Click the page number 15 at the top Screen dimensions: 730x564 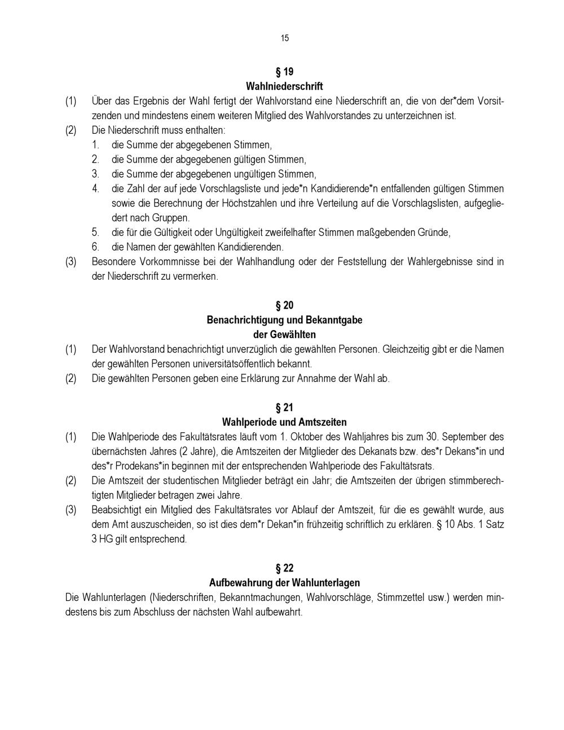point(284,38)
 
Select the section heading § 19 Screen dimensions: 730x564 point(284,72)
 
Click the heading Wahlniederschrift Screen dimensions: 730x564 point(284,86)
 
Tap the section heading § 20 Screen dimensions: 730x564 point(284,306)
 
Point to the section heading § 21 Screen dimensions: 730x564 point(284,408)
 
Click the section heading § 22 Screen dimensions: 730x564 point(284,568)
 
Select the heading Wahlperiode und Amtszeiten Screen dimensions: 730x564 point(284,422)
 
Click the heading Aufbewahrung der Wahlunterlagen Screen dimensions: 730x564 point(284,583)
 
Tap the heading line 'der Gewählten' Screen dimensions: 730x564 point(284,335)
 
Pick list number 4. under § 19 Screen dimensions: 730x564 point(96,188)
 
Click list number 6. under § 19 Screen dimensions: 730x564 point(96,247)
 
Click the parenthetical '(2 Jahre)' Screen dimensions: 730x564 point(195,452)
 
